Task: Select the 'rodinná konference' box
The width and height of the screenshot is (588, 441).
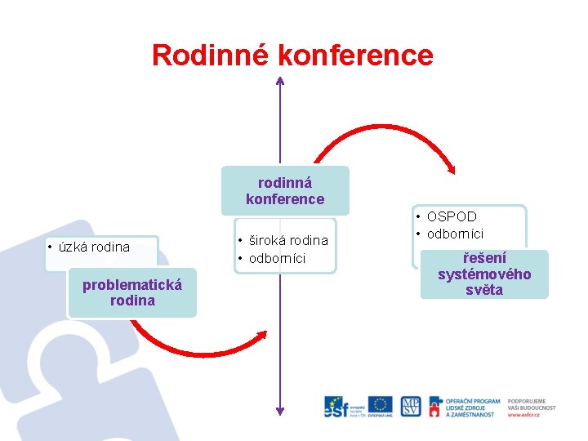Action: coord(285,191)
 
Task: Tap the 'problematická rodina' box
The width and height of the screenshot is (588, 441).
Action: coord(132,292)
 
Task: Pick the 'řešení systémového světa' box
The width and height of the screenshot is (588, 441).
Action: coord(484,274)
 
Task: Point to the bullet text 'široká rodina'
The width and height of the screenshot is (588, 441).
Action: coord(287,240)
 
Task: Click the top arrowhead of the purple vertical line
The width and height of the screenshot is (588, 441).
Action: coord(280,81)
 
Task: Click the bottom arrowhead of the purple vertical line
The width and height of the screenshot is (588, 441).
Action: coord(280,410)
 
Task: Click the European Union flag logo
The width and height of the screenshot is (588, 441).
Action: coord(380,404)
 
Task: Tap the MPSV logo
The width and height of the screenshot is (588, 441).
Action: coord(411,406)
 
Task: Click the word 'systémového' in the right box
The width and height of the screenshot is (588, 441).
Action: coord(484,274)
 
